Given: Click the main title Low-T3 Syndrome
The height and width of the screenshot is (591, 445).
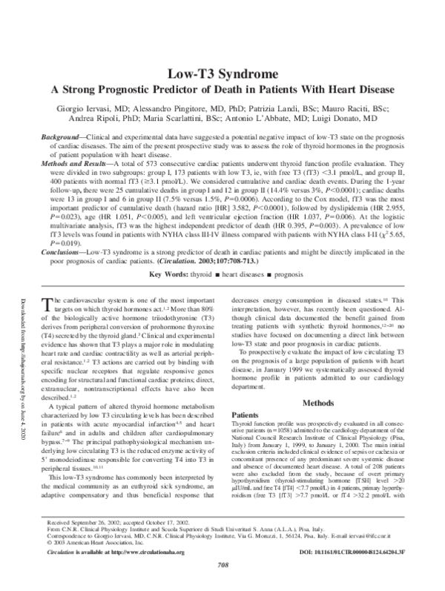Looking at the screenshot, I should tap(222, 75).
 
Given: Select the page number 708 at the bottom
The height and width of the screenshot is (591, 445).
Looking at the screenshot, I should tap(222, 584).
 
